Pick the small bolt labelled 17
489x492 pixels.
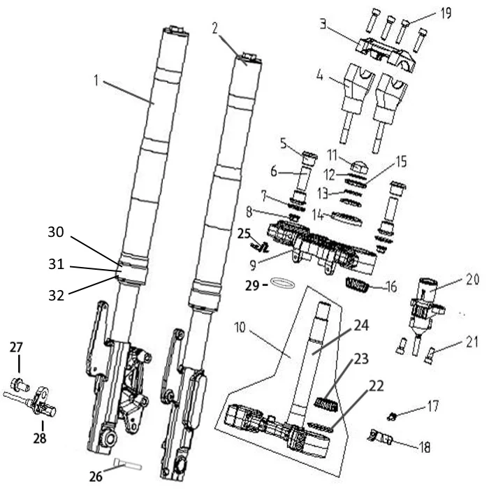(x=393, y=417)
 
